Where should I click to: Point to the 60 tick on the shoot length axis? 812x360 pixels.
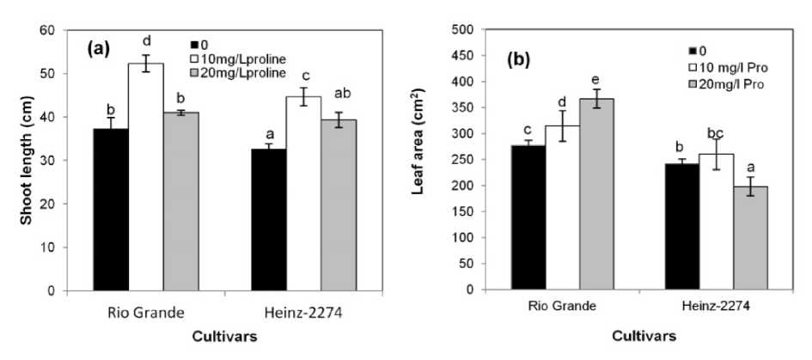(x=42, y=30)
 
